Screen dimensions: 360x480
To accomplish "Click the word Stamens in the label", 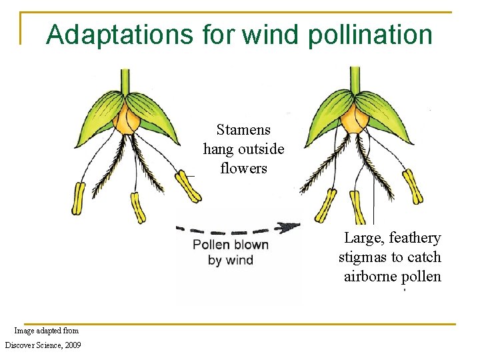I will coord(243,129).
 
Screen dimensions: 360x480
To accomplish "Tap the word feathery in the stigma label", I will coord(415,238).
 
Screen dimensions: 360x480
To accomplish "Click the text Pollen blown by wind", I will coord(231,252).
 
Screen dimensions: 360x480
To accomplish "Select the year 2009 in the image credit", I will coord(69,345).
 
